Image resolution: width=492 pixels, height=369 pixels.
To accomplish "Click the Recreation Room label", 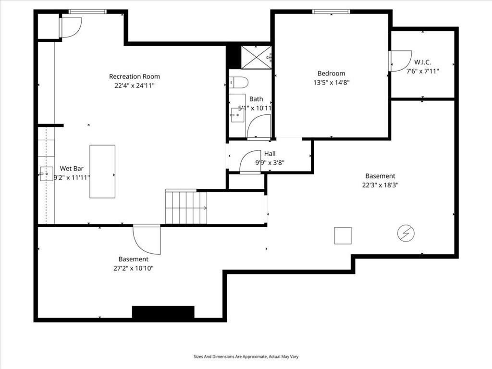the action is [135, 76].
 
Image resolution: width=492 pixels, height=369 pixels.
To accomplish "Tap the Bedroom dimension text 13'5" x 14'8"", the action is [332, 83].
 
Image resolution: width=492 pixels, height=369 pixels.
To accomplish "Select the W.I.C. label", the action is [422, 62].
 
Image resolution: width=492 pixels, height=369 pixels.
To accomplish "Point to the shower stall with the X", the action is [257, 57].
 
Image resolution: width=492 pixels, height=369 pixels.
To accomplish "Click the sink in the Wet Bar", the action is [46, 174].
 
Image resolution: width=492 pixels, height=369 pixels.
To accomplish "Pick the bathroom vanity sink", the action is [236, 115].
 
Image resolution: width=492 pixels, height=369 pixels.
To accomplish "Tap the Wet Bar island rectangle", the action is [102, 172].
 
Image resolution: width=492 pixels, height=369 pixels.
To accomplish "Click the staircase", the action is [186, 207].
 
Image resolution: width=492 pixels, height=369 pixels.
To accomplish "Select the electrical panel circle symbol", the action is [406, 233].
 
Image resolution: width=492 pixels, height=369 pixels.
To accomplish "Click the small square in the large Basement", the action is [343, 235].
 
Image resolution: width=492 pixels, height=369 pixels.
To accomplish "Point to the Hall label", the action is [270, 153].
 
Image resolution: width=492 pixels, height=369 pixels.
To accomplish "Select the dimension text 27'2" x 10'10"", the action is [134, 268].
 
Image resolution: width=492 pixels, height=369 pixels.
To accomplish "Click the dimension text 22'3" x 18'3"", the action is [381, 185].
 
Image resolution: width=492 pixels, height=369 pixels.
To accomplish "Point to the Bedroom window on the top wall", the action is [331, 12].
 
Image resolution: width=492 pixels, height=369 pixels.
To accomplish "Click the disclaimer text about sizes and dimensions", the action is [246, 357].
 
